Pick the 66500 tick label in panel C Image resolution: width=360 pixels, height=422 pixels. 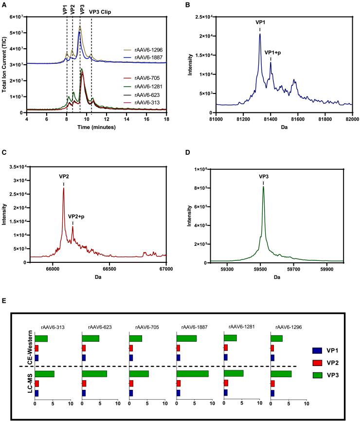[109, 268]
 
